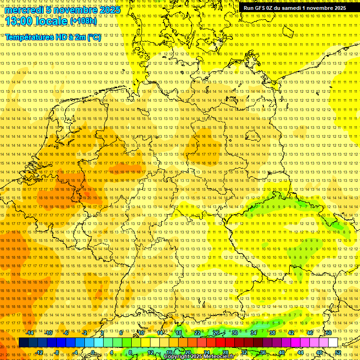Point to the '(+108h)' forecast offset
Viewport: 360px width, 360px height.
pos(83,21)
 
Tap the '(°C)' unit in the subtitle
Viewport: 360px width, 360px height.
pos(94,37)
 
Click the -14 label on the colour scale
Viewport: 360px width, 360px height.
pos(30,333)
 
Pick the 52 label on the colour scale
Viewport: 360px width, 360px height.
pos(338,352)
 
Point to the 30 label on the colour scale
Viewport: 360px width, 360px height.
pos(235,333)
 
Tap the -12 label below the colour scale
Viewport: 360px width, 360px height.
pos(39,352)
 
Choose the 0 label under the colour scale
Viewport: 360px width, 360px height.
pos(93,352)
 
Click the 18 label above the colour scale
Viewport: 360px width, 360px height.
pos(179,333)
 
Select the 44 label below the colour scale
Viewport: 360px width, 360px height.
pos(300,352)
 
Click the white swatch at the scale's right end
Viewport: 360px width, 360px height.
pos(333,343)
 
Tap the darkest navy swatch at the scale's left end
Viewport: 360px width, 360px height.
pos(23,343)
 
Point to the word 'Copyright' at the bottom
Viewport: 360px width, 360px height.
pos(177,357)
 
